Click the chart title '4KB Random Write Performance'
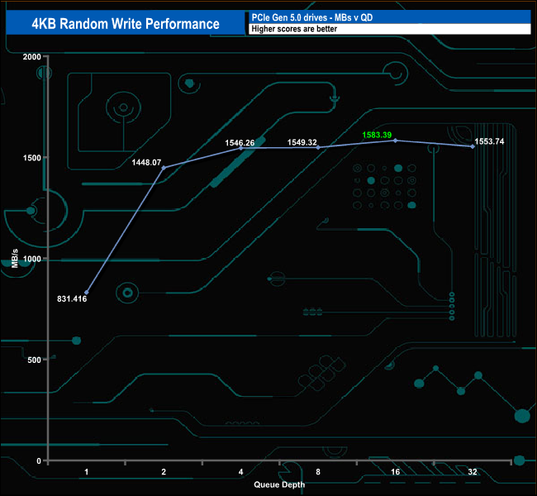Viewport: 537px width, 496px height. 126,23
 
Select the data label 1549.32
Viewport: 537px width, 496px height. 302,142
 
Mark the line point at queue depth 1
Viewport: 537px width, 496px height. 86,293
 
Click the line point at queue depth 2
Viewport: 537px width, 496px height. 164,168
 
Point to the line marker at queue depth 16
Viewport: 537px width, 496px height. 395,141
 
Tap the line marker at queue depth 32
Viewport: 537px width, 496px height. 473,146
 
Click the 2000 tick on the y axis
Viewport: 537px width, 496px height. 31,57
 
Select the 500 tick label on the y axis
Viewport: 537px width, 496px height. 33,360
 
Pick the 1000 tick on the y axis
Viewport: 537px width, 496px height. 31,259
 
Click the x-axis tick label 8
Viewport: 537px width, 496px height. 318,473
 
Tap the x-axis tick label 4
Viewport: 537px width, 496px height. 240,473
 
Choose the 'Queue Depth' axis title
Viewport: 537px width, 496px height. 279,484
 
